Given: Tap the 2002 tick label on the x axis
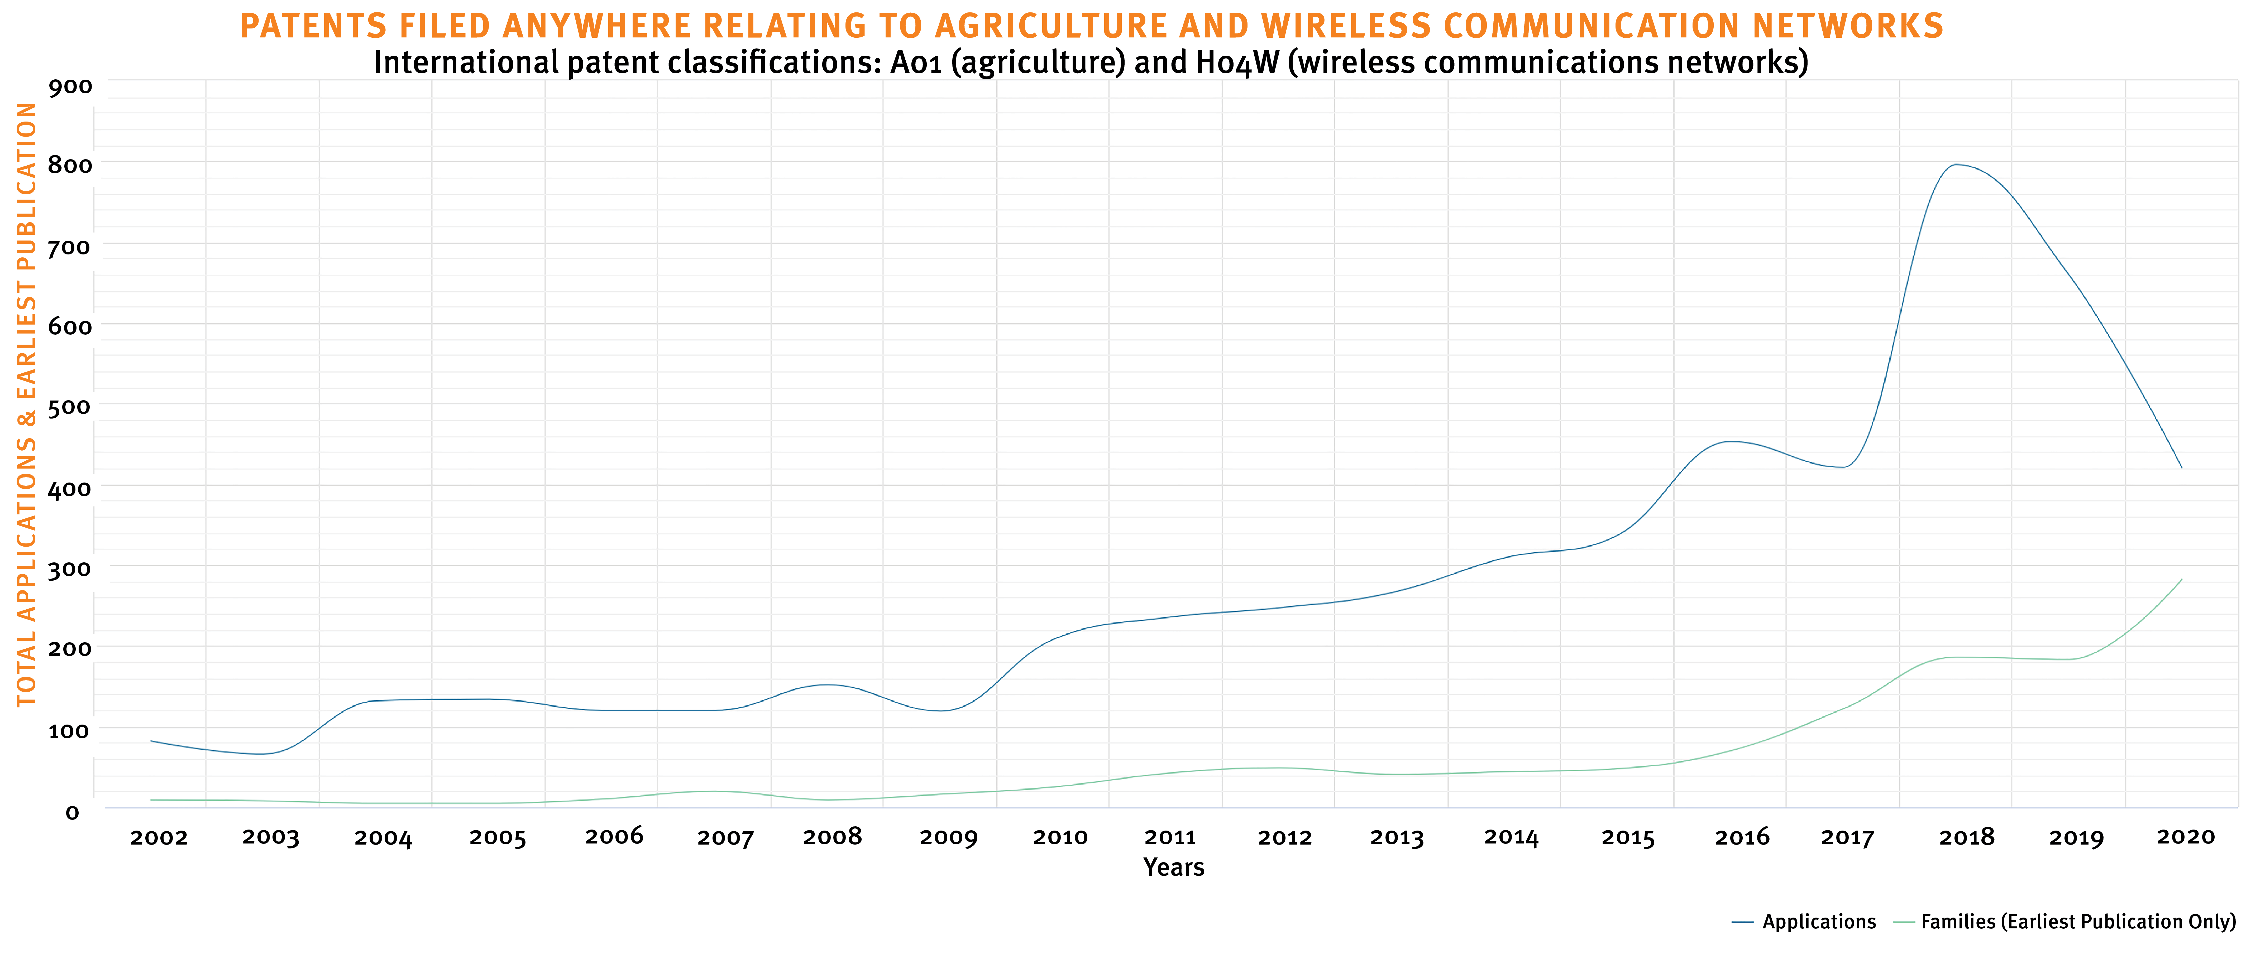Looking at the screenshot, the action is point(159,838).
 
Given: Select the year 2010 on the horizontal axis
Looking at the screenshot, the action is point(1060,837).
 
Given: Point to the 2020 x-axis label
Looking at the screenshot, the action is point(2186,837).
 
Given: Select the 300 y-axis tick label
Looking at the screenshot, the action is point(70,569).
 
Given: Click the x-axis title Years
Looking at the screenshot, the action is point(1174,868).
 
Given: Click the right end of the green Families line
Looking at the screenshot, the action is point(2182,579).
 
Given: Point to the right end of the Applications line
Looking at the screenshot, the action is point(2182,467).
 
